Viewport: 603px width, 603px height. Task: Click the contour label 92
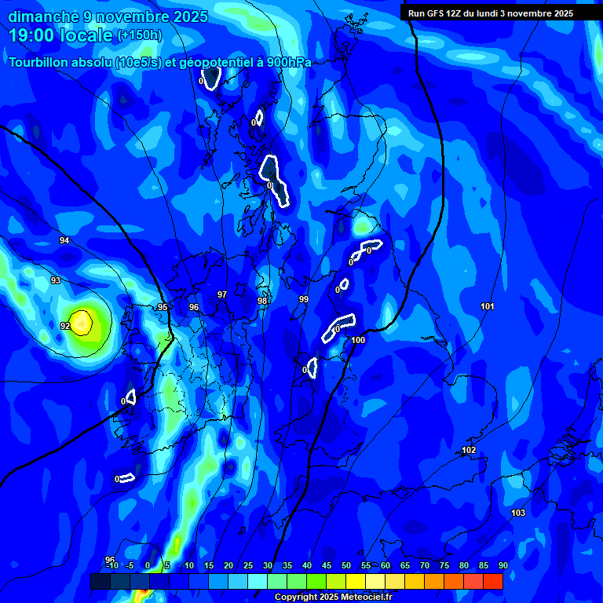tap(65, 326)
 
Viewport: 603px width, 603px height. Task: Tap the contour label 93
tap(56, 280)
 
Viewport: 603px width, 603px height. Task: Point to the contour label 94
tap(64, 240)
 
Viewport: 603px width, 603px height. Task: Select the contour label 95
tap(163, 307)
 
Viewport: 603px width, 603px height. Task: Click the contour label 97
tap(222, 294)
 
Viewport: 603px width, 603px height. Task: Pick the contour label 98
tap(262, 301)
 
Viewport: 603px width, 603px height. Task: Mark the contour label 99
tap(304, 299)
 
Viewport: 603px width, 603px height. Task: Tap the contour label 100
tap(359, 340)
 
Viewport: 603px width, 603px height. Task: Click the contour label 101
tap(488, 306)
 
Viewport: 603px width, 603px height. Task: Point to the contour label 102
tap(469, 450)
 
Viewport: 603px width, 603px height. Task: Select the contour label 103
tap(518, 513)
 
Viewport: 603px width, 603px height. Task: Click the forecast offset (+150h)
tap(140, 35)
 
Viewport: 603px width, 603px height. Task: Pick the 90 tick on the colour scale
tap(502, 565)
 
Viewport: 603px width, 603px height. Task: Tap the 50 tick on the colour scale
tap(346, 565)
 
